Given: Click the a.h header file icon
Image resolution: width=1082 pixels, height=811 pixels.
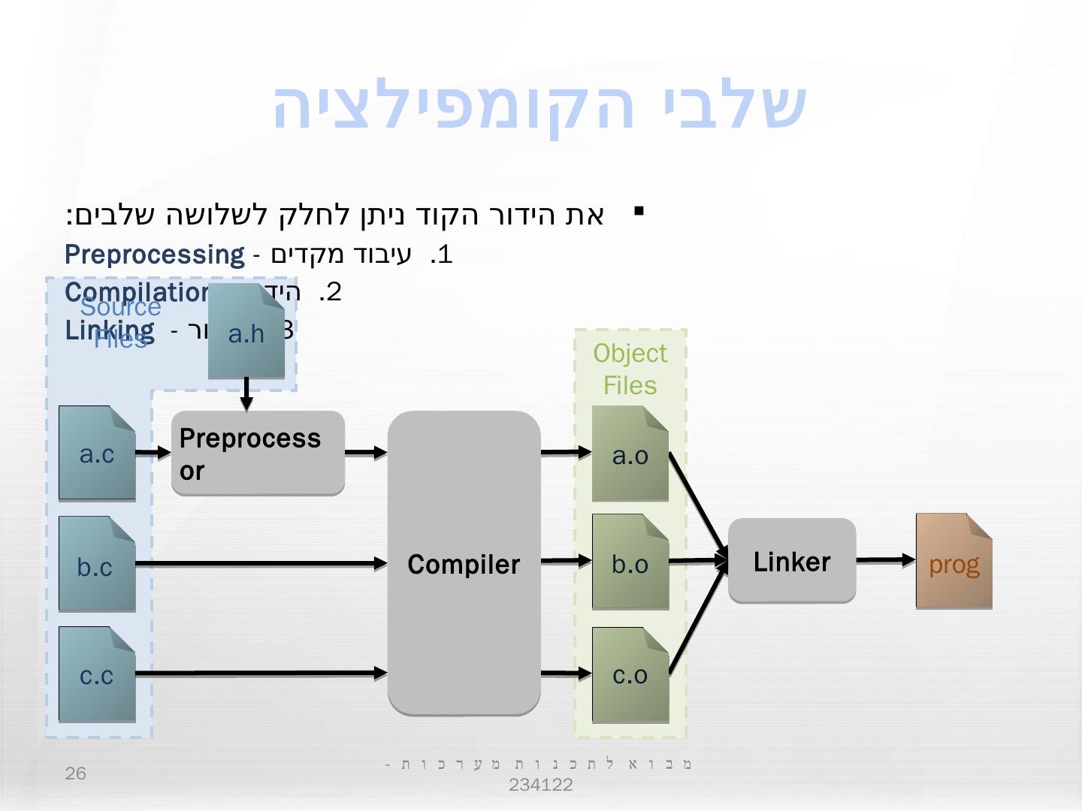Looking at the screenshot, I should coord(246,331).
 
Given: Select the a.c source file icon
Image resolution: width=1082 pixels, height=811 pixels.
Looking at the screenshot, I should coord(97,453).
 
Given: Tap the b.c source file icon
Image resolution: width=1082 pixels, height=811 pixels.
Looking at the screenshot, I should coord(97,563).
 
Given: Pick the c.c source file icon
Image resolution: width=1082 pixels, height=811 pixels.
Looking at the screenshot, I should coord(97,674).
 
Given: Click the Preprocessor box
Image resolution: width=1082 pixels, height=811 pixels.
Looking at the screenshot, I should coord(258,453).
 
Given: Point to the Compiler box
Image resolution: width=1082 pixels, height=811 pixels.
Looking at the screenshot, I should coord(464,563).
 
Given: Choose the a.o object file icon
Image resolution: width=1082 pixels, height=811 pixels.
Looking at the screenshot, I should coord(630,454).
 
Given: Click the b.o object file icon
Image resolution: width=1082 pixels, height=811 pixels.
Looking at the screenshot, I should coord(630,562).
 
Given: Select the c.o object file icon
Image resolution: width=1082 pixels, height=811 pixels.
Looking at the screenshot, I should coord(630,674).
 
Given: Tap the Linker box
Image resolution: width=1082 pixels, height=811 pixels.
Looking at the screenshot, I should coord(792,560).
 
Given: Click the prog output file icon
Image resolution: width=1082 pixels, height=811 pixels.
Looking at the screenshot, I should coord(954,561).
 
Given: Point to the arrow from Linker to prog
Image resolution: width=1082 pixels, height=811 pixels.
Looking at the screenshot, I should coord(885,559).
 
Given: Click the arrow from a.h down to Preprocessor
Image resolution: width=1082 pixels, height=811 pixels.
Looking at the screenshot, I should coord(246,393).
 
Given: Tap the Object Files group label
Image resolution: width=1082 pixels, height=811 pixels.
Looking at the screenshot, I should coord(630,369).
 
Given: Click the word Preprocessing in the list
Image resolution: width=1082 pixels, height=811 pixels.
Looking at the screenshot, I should coord(155,255).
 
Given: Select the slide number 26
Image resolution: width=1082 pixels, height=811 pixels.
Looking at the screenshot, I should coord(76,773).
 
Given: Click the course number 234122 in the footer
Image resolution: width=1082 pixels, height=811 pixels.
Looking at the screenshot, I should coord(540,785).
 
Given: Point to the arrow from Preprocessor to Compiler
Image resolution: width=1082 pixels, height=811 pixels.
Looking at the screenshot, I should coord(366,452).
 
